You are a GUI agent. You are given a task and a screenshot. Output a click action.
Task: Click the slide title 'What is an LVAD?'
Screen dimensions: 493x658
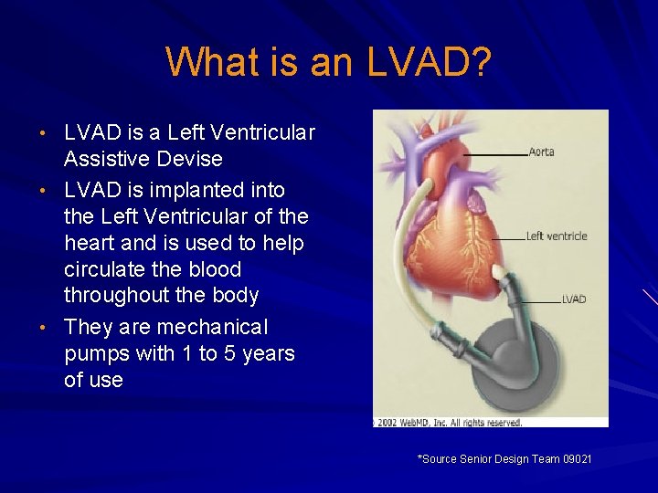pos(329,62)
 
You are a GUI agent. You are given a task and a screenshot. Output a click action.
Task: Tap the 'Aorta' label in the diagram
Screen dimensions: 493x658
pos(542,152)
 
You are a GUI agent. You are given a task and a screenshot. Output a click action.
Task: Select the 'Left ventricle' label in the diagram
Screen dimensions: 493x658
pos(556,236)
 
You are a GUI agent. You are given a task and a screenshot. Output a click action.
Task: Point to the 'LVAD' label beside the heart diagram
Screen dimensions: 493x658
pos(573,299)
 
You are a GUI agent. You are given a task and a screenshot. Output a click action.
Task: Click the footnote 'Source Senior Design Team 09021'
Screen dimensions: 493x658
pos(504,458)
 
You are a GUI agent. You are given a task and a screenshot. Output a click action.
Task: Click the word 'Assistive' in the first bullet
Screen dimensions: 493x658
pos(106,159)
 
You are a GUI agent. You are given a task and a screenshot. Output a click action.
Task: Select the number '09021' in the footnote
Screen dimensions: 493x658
pos(577,458)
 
